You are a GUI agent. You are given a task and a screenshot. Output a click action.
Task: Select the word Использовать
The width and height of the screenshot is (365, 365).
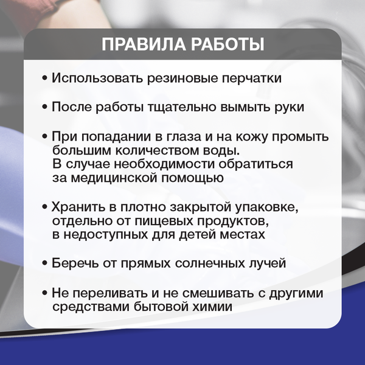click(100, 78)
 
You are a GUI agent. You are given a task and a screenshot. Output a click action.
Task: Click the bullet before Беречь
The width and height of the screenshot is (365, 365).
click(45, 264)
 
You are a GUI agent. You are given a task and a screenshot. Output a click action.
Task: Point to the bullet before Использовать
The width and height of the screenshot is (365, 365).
click(45, 79)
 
